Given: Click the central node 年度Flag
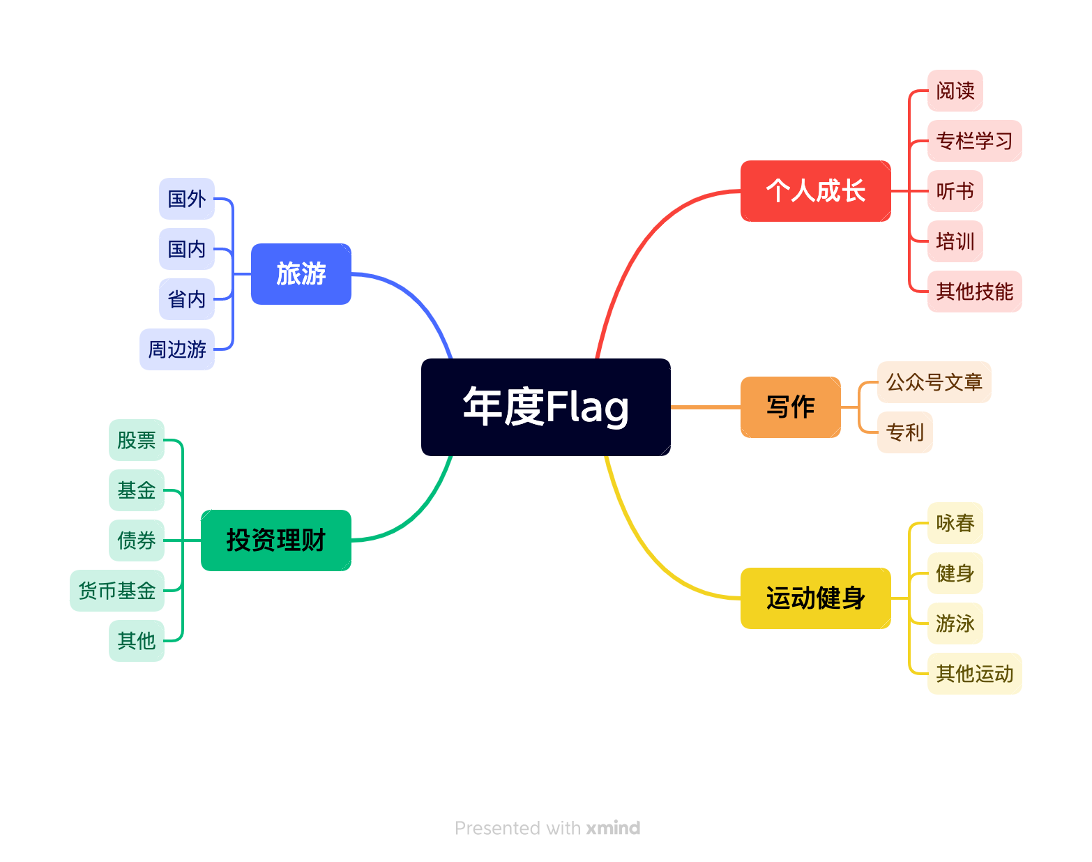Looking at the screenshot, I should [x=545, y=407].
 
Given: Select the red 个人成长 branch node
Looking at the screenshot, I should [x=815, y=191].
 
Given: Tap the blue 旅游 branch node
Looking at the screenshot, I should [x=301, y=274].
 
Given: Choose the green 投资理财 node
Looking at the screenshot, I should [x=275, y=540].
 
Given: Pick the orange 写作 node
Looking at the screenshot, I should [x=790, y=407].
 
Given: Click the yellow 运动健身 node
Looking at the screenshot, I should [x=815, y=598].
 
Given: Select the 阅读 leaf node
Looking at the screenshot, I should [x=955, y=91].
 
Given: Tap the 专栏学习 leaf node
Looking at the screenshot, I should [x=974, y=141].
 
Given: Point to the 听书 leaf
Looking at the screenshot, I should [x=955, y=191].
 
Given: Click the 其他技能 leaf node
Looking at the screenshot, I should [x=974, y=292].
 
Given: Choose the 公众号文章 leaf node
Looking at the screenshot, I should [x=934, y=382].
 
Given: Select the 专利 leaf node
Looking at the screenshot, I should [x=904, y=432].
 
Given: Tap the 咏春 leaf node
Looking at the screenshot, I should [x=955, y=523].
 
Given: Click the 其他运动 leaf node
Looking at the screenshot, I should [x=974, y=674].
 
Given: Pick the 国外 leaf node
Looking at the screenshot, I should [x=186, y=199].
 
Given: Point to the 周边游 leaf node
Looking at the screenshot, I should [x=177, y=349].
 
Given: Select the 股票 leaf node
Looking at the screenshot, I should [x=136, y=440].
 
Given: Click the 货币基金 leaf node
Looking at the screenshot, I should [x=116, y=591].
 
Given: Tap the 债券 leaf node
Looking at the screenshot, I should [x=136, y=540].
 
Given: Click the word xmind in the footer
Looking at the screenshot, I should [x=613, y=828].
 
